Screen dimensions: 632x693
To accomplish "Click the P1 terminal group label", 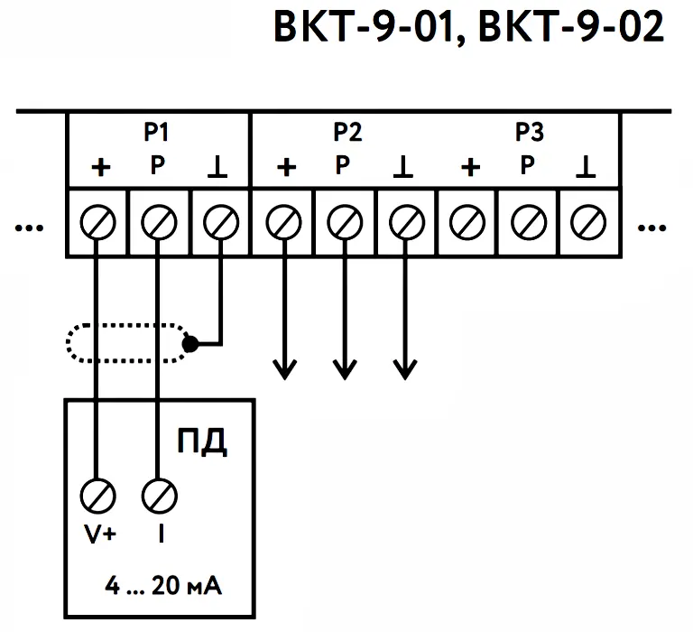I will click(157, 133).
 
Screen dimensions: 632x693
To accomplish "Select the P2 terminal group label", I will click(347, 133).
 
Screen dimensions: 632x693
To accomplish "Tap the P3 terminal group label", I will click(530, 133).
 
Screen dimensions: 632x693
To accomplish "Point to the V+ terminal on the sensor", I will click(97, 496).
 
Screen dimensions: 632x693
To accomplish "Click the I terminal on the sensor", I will click(158, 496).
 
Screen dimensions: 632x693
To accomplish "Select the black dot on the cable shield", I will click(189, 344).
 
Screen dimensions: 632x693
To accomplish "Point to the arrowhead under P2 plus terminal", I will click(285, 368).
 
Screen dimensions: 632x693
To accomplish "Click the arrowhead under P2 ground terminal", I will click(406, 368).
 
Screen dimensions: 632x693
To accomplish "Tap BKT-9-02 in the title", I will click(570, 29).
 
